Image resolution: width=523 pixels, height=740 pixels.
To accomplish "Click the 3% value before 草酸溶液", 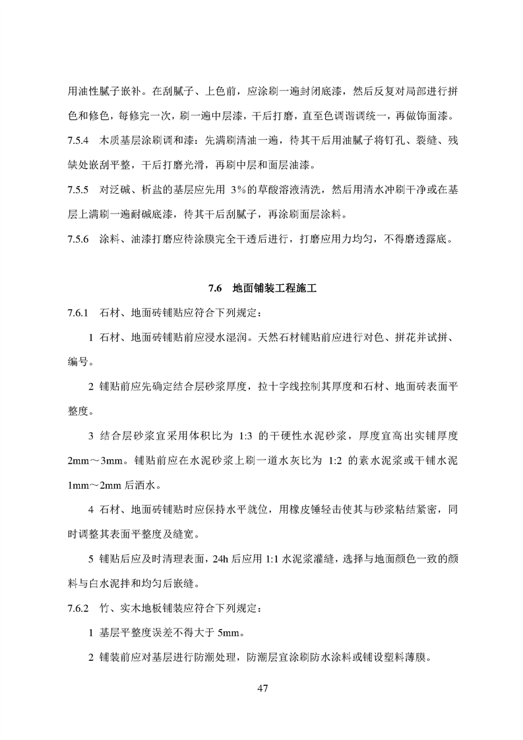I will point(239,191).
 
